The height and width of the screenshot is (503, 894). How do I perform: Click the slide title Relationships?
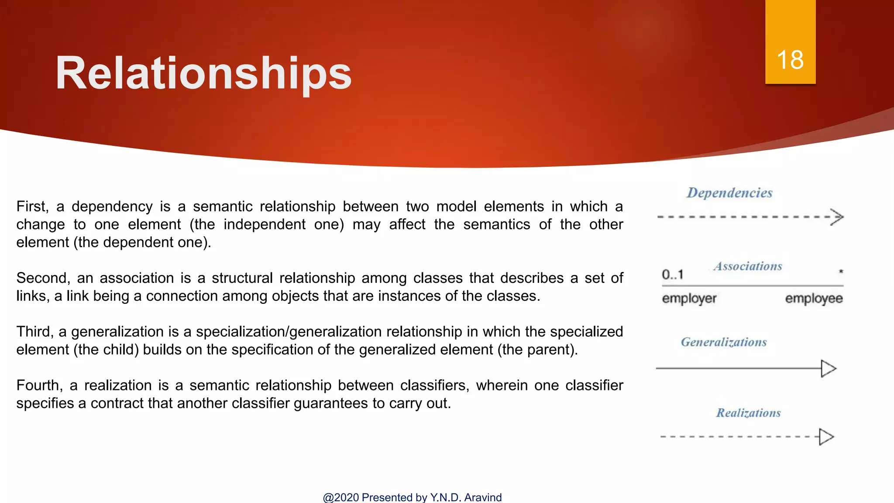point(203,73)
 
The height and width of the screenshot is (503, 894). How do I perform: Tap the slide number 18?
point(790,60)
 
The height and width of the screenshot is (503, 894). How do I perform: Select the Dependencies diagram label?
point(729,193)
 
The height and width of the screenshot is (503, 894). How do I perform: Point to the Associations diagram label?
point(748,266)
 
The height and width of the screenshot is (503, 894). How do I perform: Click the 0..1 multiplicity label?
point(672,275)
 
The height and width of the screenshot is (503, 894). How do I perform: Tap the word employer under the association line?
point(689,299)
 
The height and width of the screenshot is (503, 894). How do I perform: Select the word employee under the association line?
point(814,299)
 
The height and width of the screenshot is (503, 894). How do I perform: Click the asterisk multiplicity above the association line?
point(841,272)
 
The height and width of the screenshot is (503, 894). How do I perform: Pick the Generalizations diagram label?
point(724,342)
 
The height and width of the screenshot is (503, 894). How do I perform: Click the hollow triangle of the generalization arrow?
point(828,369)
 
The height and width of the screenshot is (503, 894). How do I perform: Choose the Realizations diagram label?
point(748,413)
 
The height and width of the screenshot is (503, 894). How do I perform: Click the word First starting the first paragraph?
point(32,207)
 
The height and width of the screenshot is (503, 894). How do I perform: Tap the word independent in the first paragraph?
point(265,224)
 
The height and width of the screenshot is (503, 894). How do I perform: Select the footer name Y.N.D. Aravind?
point(466,497)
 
